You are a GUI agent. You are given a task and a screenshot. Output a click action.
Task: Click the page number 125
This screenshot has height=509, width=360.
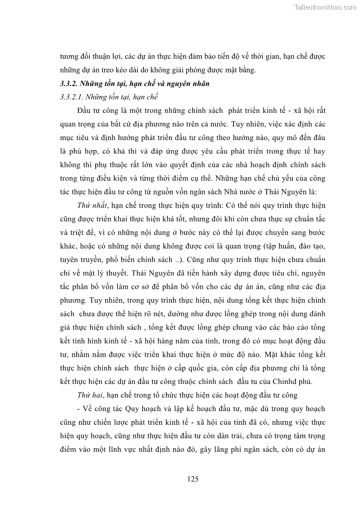pyautogui.click(x=193, y=479)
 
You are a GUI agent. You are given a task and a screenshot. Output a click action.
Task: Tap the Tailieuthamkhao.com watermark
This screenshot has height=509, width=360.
pyautogui.click(x=326, y=7)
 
